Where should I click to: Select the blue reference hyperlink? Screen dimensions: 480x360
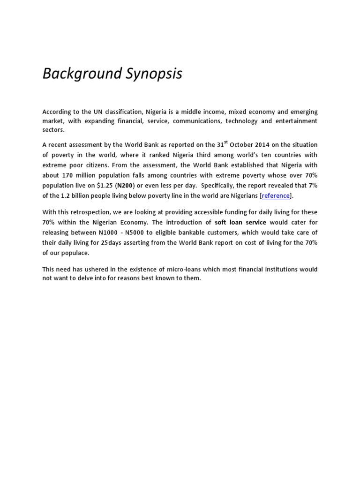276,195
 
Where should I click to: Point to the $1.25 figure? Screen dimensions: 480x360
105,186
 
